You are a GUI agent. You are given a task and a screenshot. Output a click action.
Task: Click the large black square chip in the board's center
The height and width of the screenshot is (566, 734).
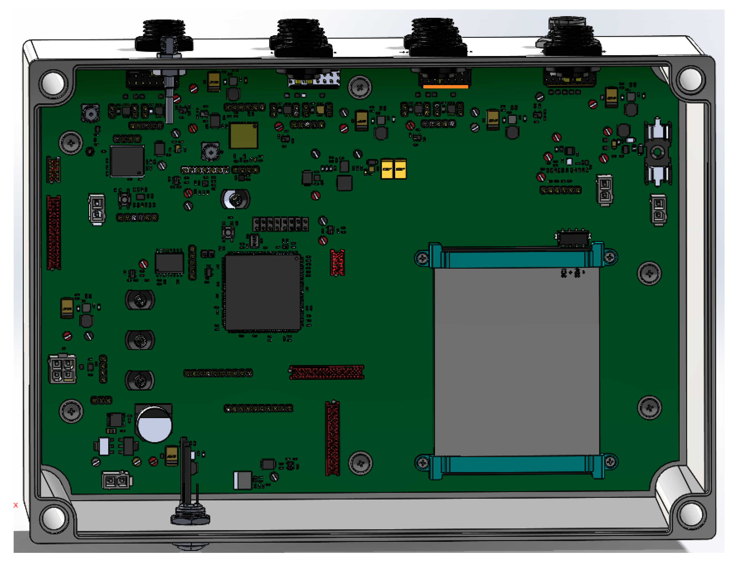pyautogui.click(x=263, y=292)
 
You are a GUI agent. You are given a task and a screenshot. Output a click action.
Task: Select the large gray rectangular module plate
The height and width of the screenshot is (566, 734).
pyautogui.click(x=517, y=361)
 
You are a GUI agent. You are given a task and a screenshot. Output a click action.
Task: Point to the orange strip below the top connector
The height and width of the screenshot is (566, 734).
pyautogui.click(x=445, y=86)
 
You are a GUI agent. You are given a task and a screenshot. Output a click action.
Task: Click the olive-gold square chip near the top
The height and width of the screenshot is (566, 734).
pyautogui.click(x=243, y=135)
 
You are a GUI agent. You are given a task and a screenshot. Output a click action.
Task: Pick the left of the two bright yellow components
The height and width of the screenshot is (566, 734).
pyautogui.click(x=387, y=169)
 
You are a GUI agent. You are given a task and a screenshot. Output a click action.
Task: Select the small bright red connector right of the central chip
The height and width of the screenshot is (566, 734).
pyautogui.click(x=337, y=263)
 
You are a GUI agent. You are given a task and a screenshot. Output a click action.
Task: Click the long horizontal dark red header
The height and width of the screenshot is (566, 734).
pyautogui.click(x=327, y=372)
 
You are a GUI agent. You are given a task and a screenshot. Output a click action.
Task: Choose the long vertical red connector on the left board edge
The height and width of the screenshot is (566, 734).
pyautogui.click(x=53, y=233)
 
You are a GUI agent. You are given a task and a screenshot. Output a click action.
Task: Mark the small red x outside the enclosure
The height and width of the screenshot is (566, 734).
pyautogui.click(x=16, y=505)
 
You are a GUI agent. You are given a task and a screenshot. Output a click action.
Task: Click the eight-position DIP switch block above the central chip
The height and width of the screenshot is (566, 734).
pyautogui.click(x=281, y=224)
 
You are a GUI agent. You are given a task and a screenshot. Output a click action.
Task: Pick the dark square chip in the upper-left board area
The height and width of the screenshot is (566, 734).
pyautogui.click(x=127, y=161)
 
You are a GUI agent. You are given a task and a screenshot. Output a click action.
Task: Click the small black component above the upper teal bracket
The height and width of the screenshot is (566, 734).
pyautogui.click(x=573, y=238)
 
